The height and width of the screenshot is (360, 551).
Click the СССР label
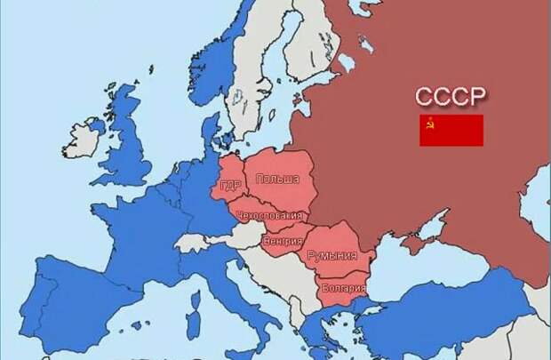coord(451,97)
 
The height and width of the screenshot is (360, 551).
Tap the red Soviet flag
coord(451,130)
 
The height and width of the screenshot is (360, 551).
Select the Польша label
coord(276,180)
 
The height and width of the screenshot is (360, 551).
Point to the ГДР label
coord(230,188)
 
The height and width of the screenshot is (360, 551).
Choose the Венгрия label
coord(283,241)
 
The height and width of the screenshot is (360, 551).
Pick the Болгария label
coord(343,287)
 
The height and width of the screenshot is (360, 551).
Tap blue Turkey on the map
coord(444,311)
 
